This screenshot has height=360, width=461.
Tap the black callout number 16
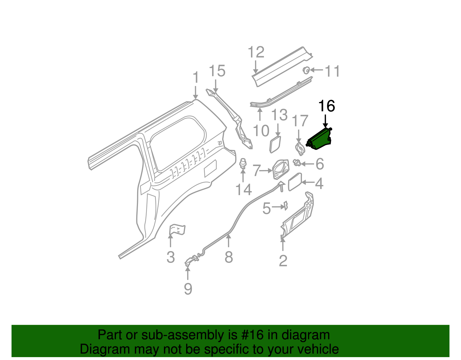click(326, 106)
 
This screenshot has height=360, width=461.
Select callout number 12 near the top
click(256, 52)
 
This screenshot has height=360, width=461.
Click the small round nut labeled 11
click(306, 70)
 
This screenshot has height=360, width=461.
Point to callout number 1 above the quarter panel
click(196, 78)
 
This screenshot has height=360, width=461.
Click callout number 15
click(217, 71)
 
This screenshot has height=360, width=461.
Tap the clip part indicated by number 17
click(300, 148)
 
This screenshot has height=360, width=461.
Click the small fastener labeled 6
click(297, 163)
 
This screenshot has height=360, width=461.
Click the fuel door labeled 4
click(295, 182)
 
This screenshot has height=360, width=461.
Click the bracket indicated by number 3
click(177, 229)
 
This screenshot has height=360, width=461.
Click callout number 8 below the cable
click(228, 257)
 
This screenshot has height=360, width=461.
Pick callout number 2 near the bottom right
click(283, 261)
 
